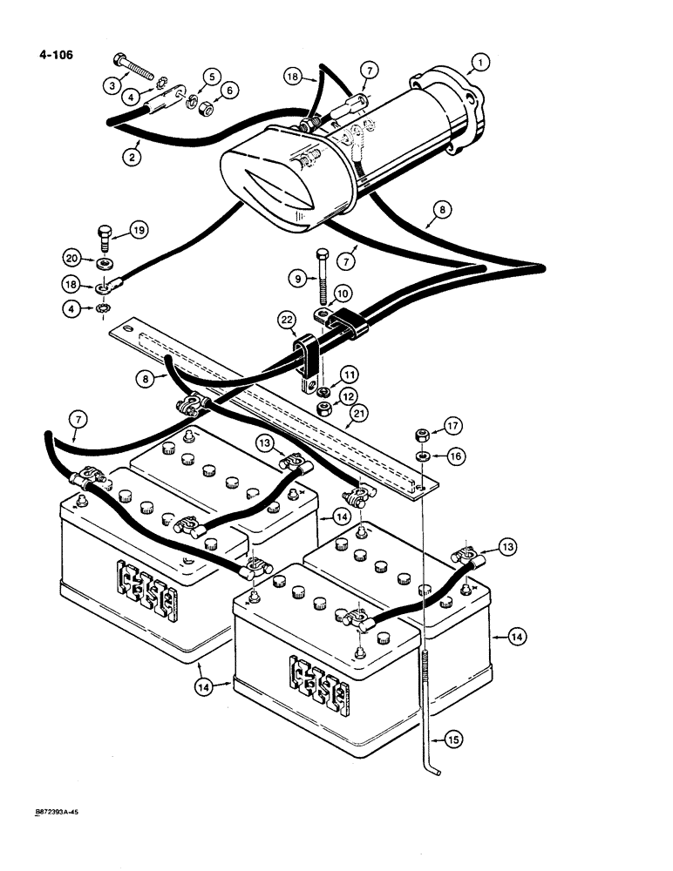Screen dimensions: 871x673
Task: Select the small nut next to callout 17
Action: tap(418, 433)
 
